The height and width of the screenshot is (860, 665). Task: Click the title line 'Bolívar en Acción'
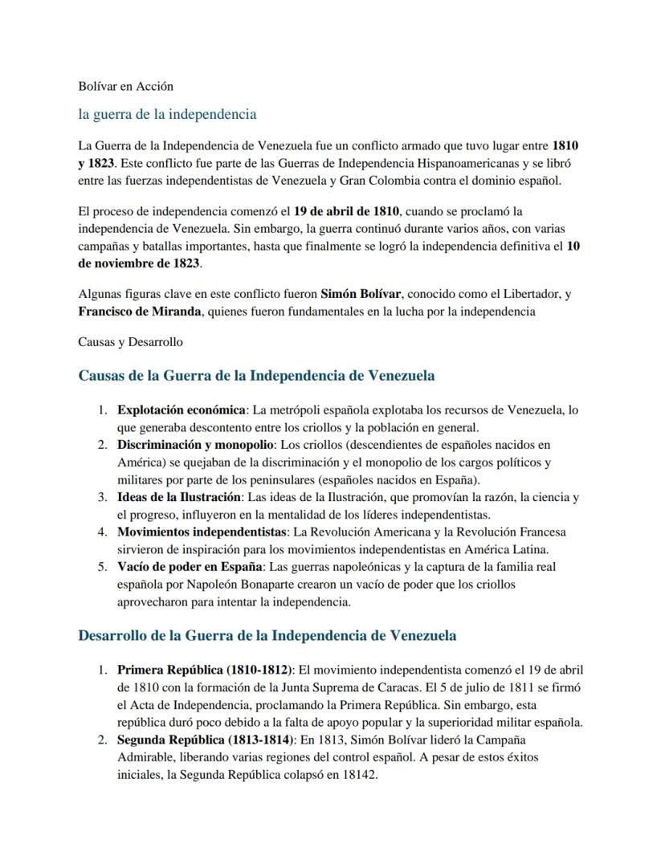tap(125, 85)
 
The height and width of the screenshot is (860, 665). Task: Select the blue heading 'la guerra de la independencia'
tap(167, 114)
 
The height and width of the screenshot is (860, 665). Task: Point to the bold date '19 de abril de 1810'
tap(346, 212)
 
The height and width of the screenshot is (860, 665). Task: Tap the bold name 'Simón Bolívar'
tap(360, 294)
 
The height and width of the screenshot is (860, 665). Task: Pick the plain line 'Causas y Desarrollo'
tap(130, 341)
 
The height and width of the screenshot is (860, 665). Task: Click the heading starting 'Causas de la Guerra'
tap(256, 375)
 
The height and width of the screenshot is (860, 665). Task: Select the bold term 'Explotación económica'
tap(182, 410)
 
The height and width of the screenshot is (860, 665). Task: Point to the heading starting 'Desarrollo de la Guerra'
tap(267, 636)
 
